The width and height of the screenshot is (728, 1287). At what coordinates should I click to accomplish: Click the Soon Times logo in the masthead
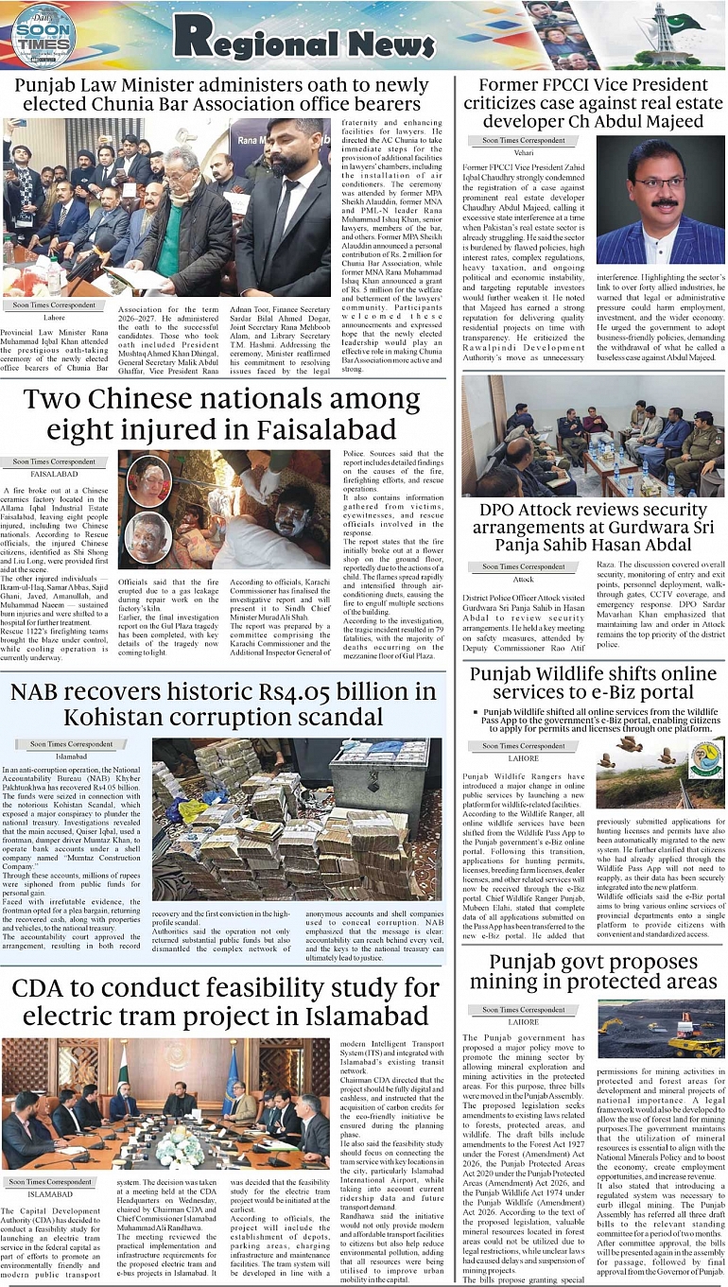coord(43,34)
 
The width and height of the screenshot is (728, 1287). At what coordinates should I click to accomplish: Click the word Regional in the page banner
coord(254,38)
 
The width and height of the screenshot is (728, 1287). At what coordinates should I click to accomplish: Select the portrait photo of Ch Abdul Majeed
coord(659,200)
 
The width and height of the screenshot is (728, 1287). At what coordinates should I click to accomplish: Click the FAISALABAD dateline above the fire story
coord(54,474)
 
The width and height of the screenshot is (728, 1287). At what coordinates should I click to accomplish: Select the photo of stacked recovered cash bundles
coord(296,818)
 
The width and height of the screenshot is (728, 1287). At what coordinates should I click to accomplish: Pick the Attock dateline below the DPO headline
coord(523,579)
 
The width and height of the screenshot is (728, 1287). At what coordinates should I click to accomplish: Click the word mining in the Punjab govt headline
coord(513,981)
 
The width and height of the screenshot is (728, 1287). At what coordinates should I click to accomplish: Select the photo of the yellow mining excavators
coord(660,1030)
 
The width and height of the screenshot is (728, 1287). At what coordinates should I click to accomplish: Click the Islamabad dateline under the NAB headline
coord(71,757)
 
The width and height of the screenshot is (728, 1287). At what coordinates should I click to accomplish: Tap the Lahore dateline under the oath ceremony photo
coord(54,318)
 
